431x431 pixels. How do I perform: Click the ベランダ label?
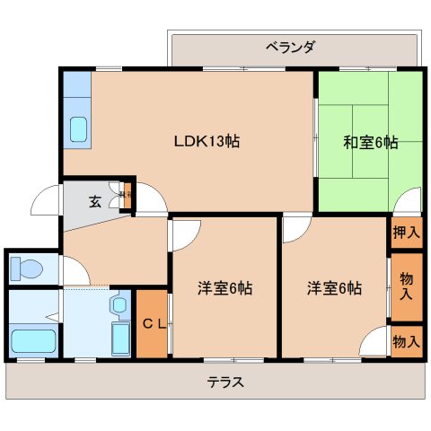[x=289, y=47]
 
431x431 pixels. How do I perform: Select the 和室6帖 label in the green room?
[x=370, y=142]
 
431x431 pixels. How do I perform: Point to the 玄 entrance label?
[x=94, y=200]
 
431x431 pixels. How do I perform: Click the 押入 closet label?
[x=406, y=232]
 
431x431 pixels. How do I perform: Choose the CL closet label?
[x=153, y=324]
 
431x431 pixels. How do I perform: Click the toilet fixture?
[x=27, y=268]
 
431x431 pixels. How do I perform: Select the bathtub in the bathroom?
[x=33, y=340]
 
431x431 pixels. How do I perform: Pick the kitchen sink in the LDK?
[x=77, y=130]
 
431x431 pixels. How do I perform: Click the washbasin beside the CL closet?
[x=119, y=306]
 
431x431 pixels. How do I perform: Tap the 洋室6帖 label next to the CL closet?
[x=224, y=288]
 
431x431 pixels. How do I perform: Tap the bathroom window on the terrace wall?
[x=31, y=360]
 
